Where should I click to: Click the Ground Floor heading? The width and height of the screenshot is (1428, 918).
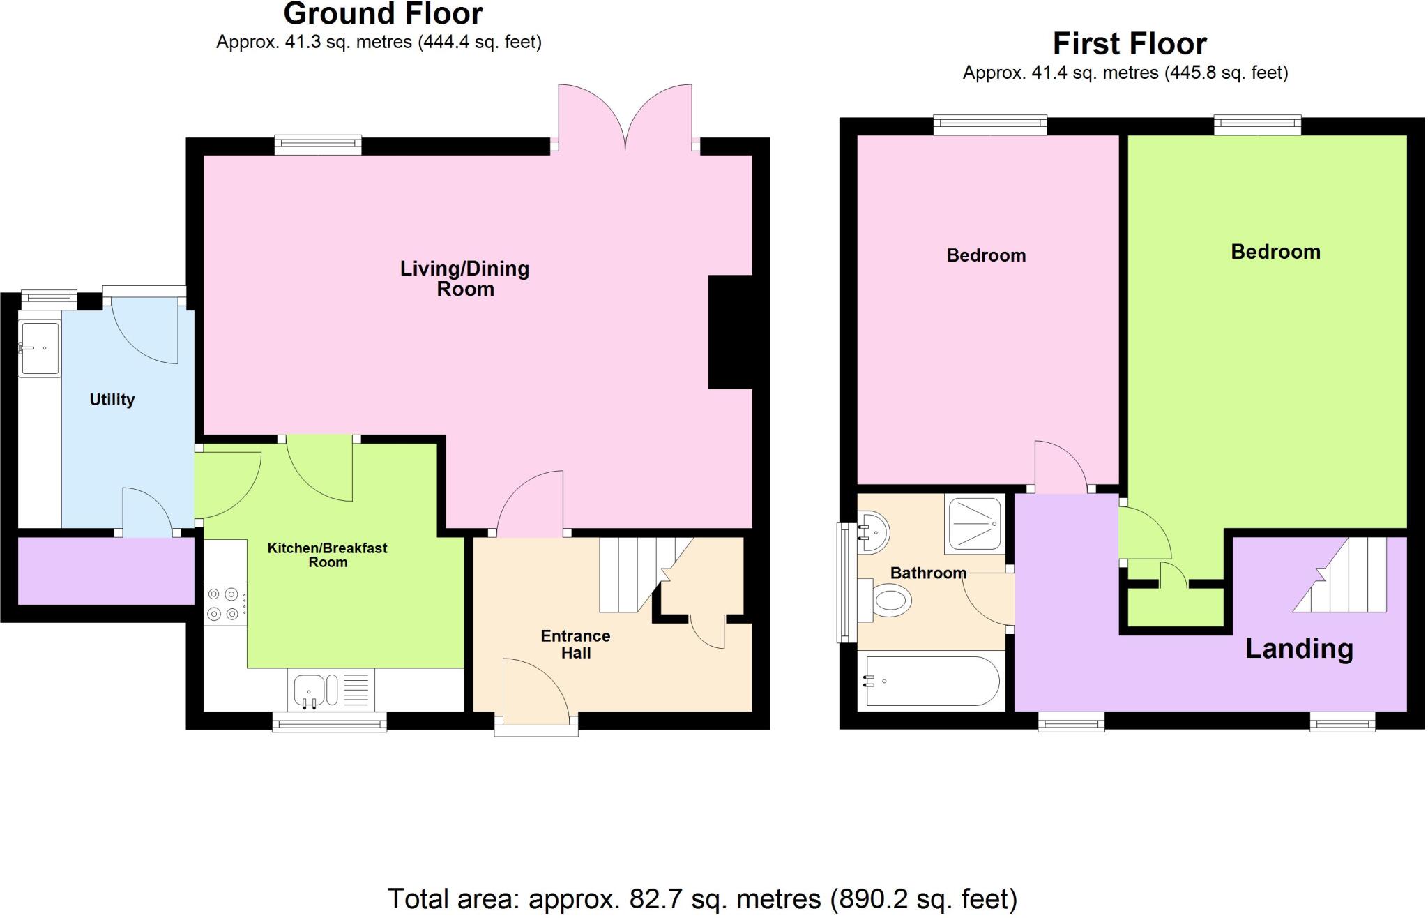383,14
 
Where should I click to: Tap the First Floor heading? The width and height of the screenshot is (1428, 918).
1129,44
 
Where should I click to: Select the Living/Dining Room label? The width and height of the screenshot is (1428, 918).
464,278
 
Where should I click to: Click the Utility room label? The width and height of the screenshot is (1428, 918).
112,400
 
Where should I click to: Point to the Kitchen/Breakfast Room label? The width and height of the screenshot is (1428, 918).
327,555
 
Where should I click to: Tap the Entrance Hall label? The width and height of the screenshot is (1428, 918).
575,644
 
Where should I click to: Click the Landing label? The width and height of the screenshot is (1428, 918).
1298,649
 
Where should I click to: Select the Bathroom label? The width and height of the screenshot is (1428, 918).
928,573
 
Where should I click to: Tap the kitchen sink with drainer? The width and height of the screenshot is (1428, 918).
331,689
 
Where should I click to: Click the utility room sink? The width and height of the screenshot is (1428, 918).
39,348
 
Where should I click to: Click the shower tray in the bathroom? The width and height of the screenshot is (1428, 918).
975,522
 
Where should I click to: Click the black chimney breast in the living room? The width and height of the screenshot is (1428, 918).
730,332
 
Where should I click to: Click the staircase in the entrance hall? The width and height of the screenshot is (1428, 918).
631,574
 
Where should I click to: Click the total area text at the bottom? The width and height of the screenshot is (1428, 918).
701,898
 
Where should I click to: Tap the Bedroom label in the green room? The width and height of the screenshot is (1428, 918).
1275,252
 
